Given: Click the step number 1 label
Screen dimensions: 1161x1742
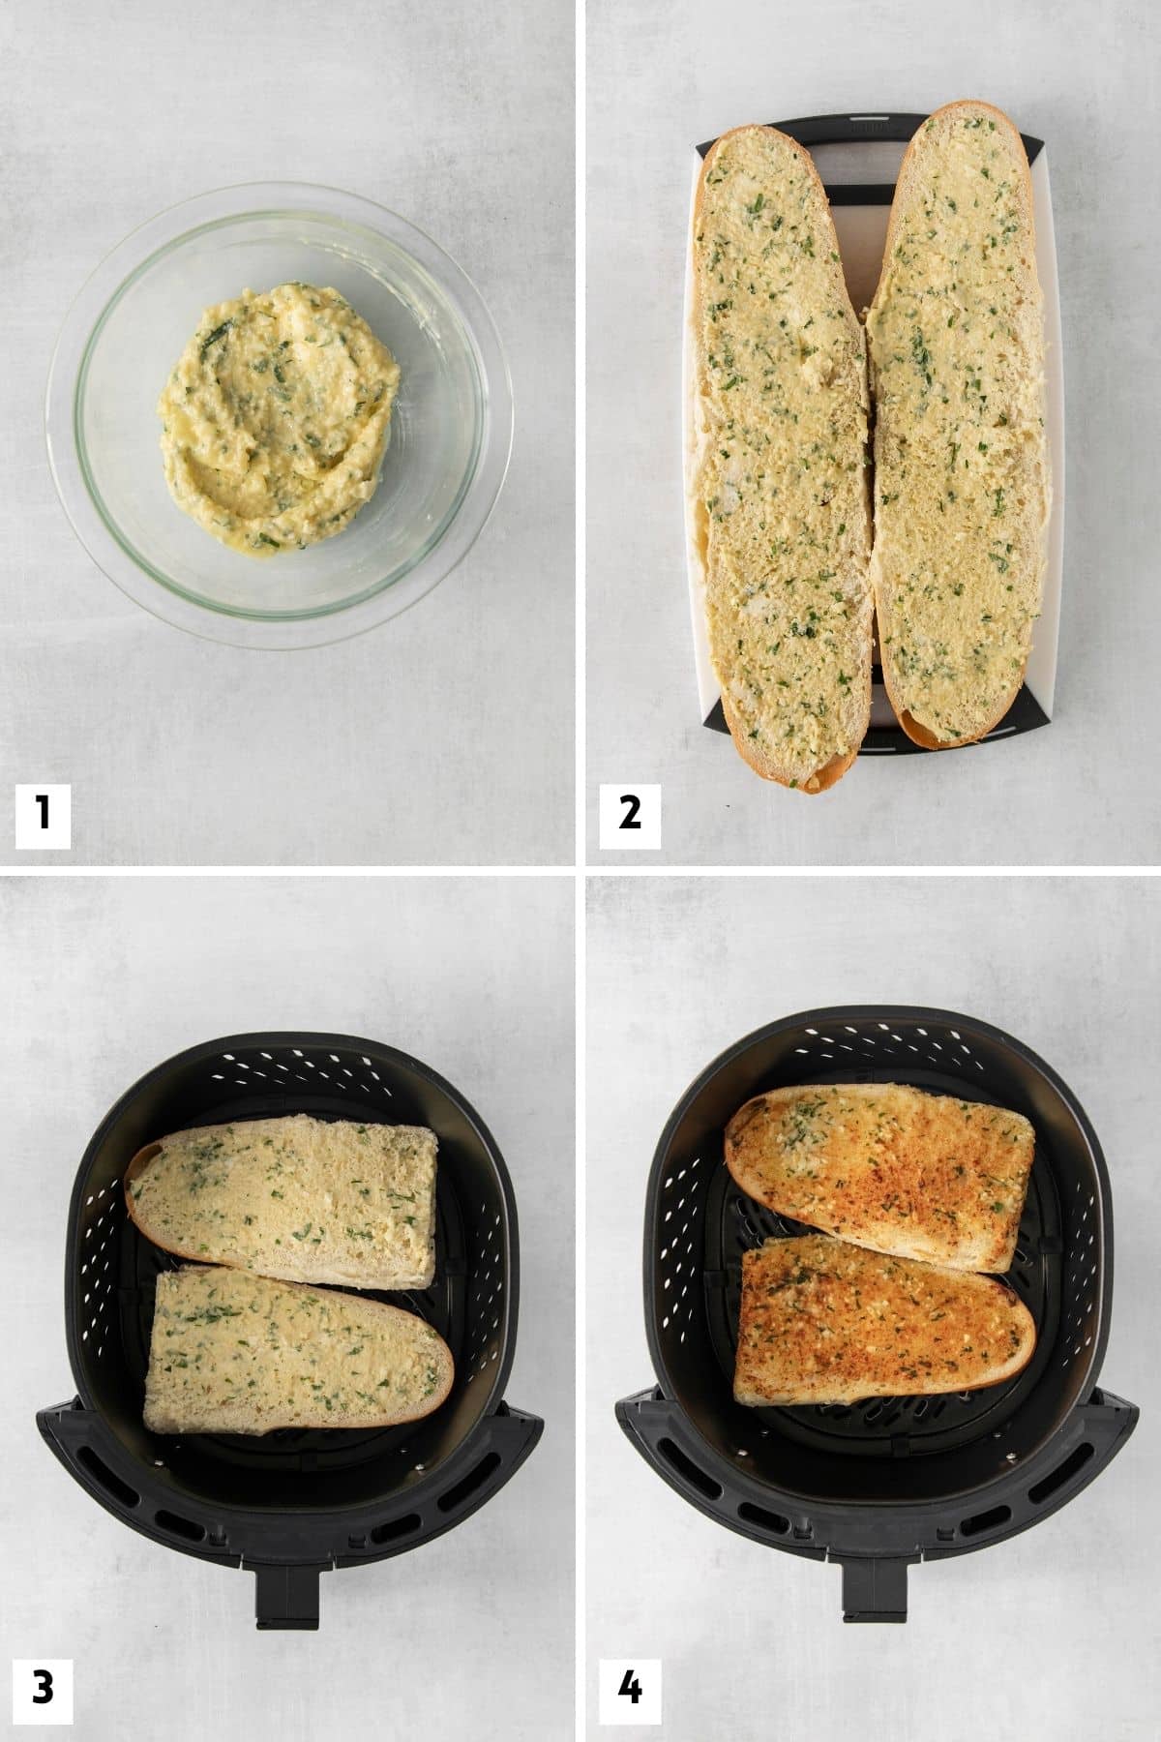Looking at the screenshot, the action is click(x=43, y=814).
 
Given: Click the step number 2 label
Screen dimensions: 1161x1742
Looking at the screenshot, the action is click(x=630, y=814).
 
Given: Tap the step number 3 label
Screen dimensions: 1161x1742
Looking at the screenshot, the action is click(x=43, y=1688).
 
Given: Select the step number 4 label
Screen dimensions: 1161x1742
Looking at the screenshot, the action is click(x=630, y=1688).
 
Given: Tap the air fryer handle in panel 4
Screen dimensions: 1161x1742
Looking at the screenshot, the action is click(x=875, y=1590).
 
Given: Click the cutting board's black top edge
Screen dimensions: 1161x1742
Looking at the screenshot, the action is click(x=871, y=131).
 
